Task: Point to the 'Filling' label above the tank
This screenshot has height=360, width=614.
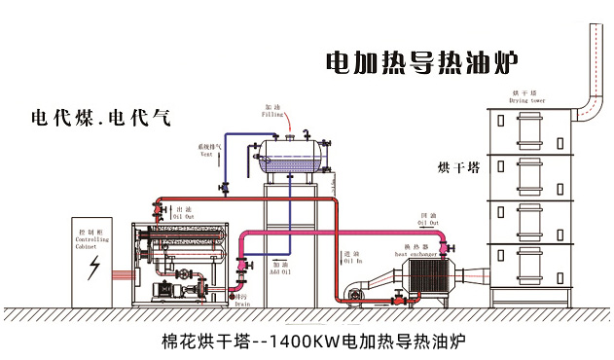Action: (274, 114)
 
